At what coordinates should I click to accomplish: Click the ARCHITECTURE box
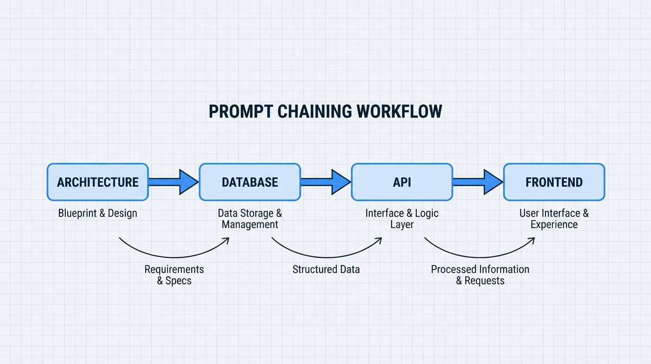97,182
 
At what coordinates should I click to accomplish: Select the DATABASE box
250,182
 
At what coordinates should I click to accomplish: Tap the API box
402,182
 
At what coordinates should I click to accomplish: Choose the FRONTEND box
554,182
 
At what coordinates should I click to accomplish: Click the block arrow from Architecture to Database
173,182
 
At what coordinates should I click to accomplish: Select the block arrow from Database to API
325,182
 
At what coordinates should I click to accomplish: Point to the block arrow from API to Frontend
477,182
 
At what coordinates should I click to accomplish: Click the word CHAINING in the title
315,111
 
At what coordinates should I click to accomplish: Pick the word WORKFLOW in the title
399,111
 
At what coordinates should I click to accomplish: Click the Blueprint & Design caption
97,213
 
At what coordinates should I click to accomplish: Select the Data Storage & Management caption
250,219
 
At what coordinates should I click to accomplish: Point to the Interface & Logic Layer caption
402,219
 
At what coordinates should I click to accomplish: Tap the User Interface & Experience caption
554,219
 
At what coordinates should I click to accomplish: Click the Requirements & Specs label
174,275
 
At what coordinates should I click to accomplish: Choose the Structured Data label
326,270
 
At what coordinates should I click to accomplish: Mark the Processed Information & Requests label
480,275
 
